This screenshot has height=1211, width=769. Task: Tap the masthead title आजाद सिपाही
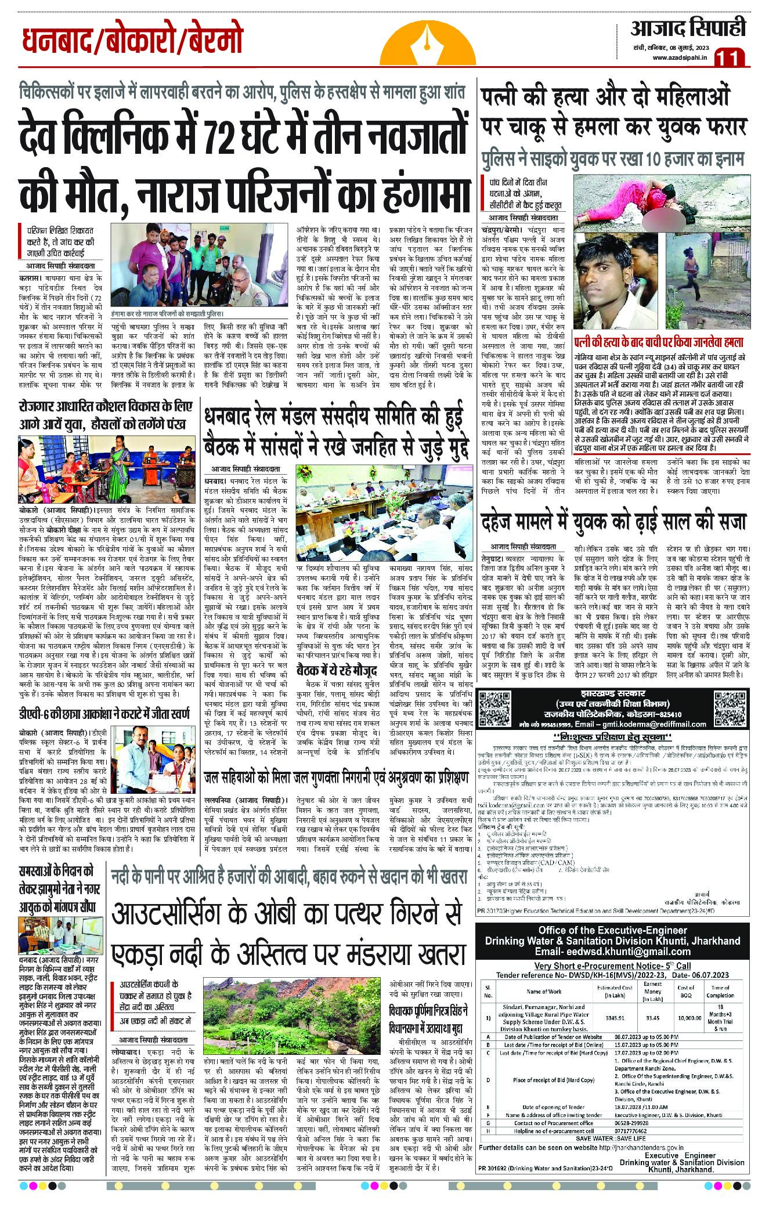[x=688, y=28]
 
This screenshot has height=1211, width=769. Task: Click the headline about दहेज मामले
[x=613, y=522]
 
